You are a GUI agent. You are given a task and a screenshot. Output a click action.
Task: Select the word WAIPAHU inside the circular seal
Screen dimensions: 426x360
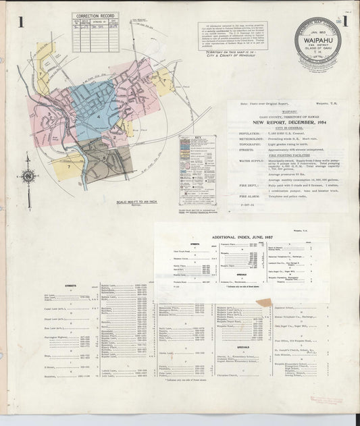(x=317, y=40)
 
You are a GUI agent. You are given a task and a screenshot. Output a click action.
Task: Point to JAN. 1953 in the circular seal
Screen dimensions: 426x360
(x=317, y=32)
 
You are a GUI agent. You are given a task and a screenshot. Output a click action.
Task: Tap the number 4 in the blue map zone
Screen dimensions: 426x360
(x=99, y=117)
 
